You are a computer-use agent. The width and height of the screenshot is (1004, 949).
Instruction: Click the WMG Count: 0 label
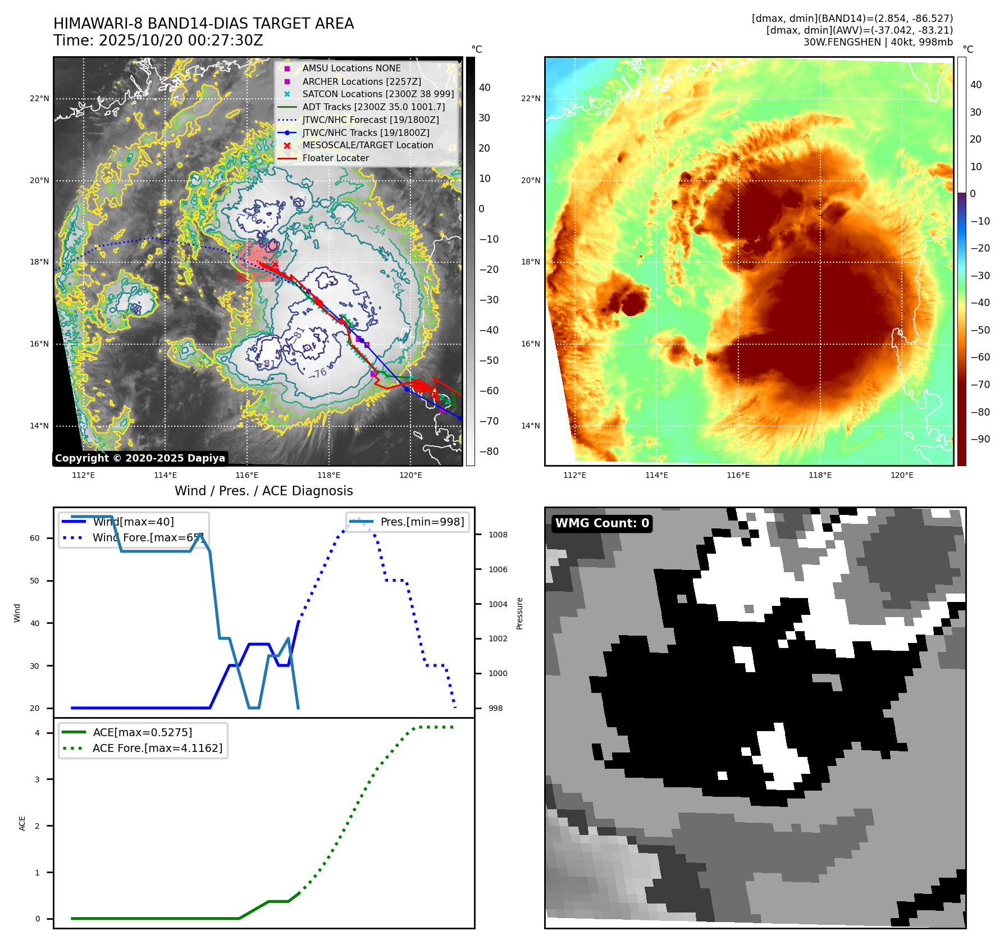pyautogui.click(x=602, y=523)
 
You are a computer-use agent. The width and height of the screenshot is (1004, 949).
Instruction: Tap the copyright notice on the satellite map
pyautogui.click(x=140, y=458)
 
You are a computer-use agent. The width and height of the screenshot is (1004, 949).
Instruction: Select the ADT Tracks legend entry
pyautogui.click(x=373, y=107)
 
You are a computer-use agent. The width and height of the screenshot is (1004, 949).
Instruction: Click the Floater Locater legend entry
pyautogui.click(x=335, y=158)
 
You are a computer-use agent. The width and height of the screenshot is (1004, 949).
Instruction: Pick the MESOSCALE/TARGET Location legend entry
pyautogui.click(x=367, y=145)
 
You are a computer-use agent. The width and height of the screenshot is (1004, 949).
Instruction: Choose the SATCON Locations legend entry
pyautogui.click(x=378, y=94)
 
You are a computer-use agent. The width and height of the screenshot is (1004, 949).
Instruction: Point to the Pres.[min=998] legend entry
pyautogui.click(x=422, y=522)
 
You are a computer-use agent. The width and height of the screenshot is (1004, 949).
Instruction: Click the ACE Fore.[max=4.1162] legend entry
pyautogui.click(x=157, y=748)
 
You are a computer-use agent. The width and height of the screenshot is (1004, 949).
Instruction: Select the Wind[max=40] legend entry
pyautogui.click(x=133, y=522)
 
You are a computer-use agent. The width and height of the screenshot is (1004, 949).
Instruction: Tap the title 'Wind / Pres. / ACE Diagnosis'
pyautogui.click(x=264, y=491)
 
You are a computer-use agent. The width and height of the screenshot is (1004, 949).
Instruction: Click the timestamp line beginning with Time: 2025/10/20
pyautogui.click(x=158, y=40)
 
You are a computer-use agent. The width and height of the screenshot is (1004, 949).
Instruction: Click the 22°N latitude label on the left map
pyautogui.click(x=39, y=99)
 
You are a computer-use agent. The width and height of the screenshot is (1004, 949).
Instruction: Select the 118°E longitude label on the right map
pyautogui.click(x=820, y=476)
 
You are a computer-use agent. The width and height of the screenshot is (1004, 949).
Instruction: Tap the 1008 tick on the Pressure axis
pyautogui.click(x=498, y=535)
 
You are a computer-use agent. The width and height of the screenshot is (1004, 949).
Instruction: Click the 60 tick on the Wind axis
pyautogui.click(x=35, y=538)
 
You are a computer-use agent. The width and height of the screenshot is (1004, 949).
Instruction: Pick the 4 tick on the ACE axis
pyautogui.click(x=37, y=733)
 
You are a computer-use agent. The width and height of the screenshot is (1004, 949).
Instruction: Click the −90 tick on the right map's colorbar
pyautogui.click(x=980, y=439)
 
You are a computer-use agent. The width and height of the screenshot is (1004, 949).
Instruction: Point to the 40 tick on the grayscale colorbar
pyautogui.click(x=485, y=88)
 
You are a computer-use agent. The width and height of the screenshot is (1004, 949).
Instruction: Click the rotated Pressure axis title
pyautogui.click(x=520, y=613)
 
